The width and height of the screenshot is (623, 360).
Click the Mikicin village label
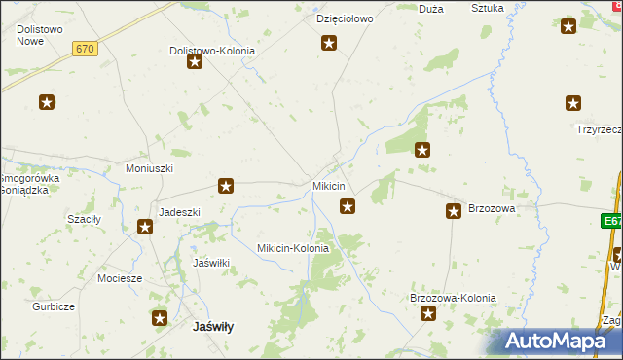pos(328,186)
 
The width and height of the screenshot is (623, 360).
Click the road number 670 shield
pos(86,49)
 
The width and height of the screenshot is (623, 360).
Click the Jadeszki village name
pos(179,212)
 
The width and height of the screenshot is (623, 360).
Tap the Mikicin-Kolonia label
pos(292,248)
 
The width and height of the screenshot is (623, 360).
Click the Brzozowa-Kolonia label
pos(453,298)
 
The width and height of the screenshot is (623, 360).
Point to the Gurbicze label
pos(52,306)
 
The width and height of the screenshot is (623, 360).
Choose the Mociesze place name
pos(120,277)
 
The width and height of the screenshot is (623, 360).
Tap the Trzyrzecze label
pos(598,129)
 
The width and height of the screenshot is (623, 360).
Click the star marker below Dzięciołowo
pos(329,42)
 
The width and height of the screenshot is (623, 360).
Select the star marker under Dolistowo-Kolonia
pos(195,62)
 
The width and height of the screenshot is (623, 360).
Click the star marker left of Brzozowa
pos(454,210)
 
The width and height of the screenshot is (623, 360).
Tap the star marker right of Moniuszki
pos(226,185)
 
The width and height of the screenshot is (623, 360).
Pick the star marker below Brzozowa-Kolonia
pos(426,313)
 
